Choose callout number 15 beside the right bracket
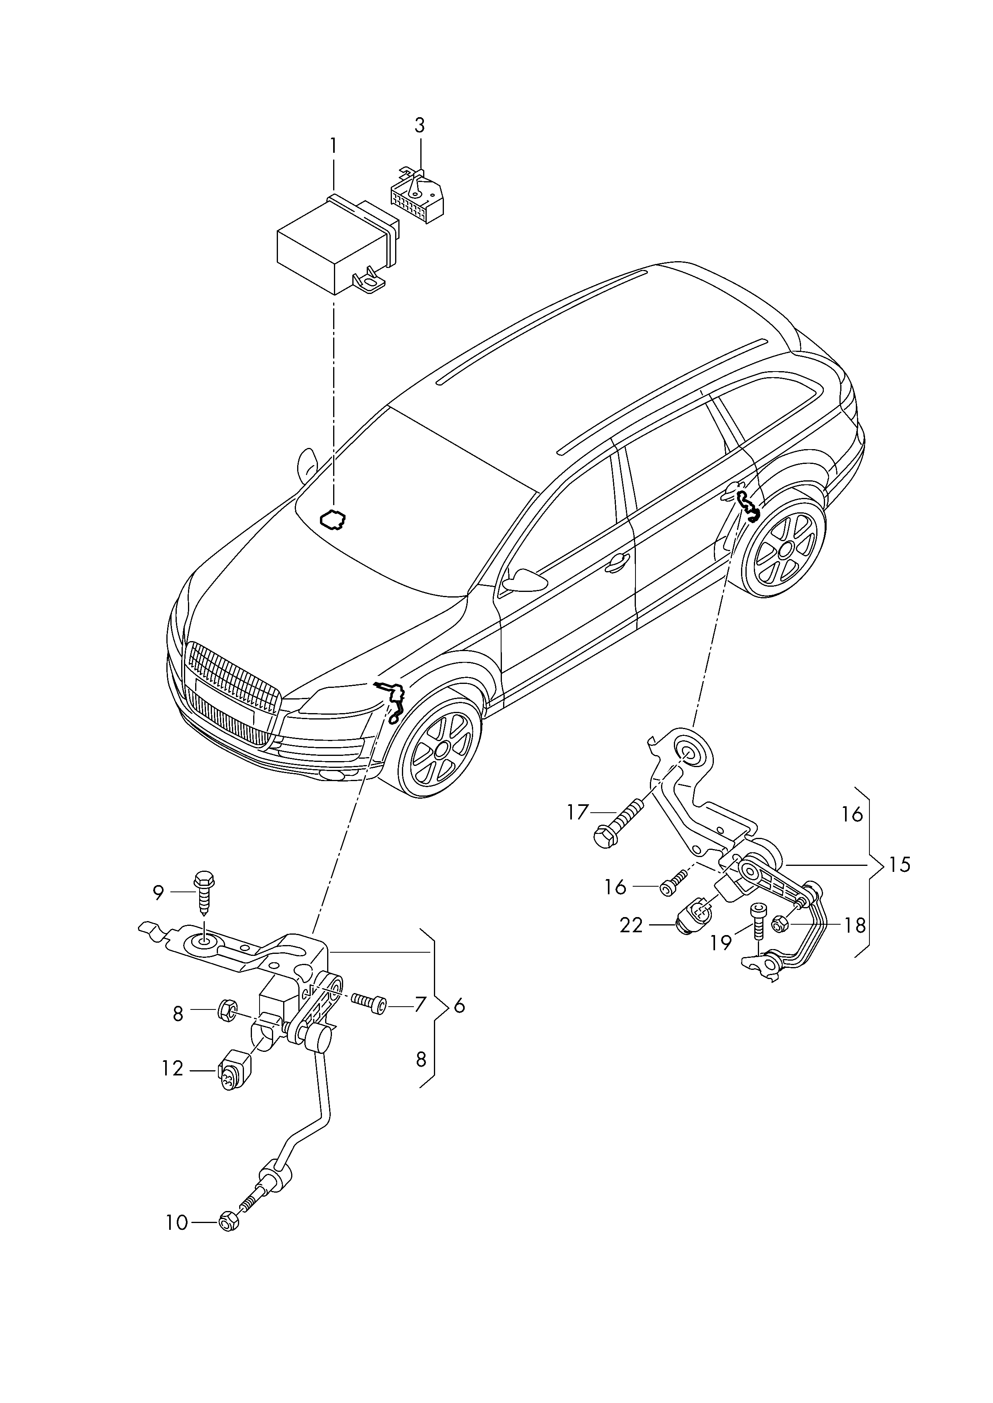click(899, 865)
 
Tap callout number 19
click(721, 943)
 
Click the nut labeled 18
click(781, 924)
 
